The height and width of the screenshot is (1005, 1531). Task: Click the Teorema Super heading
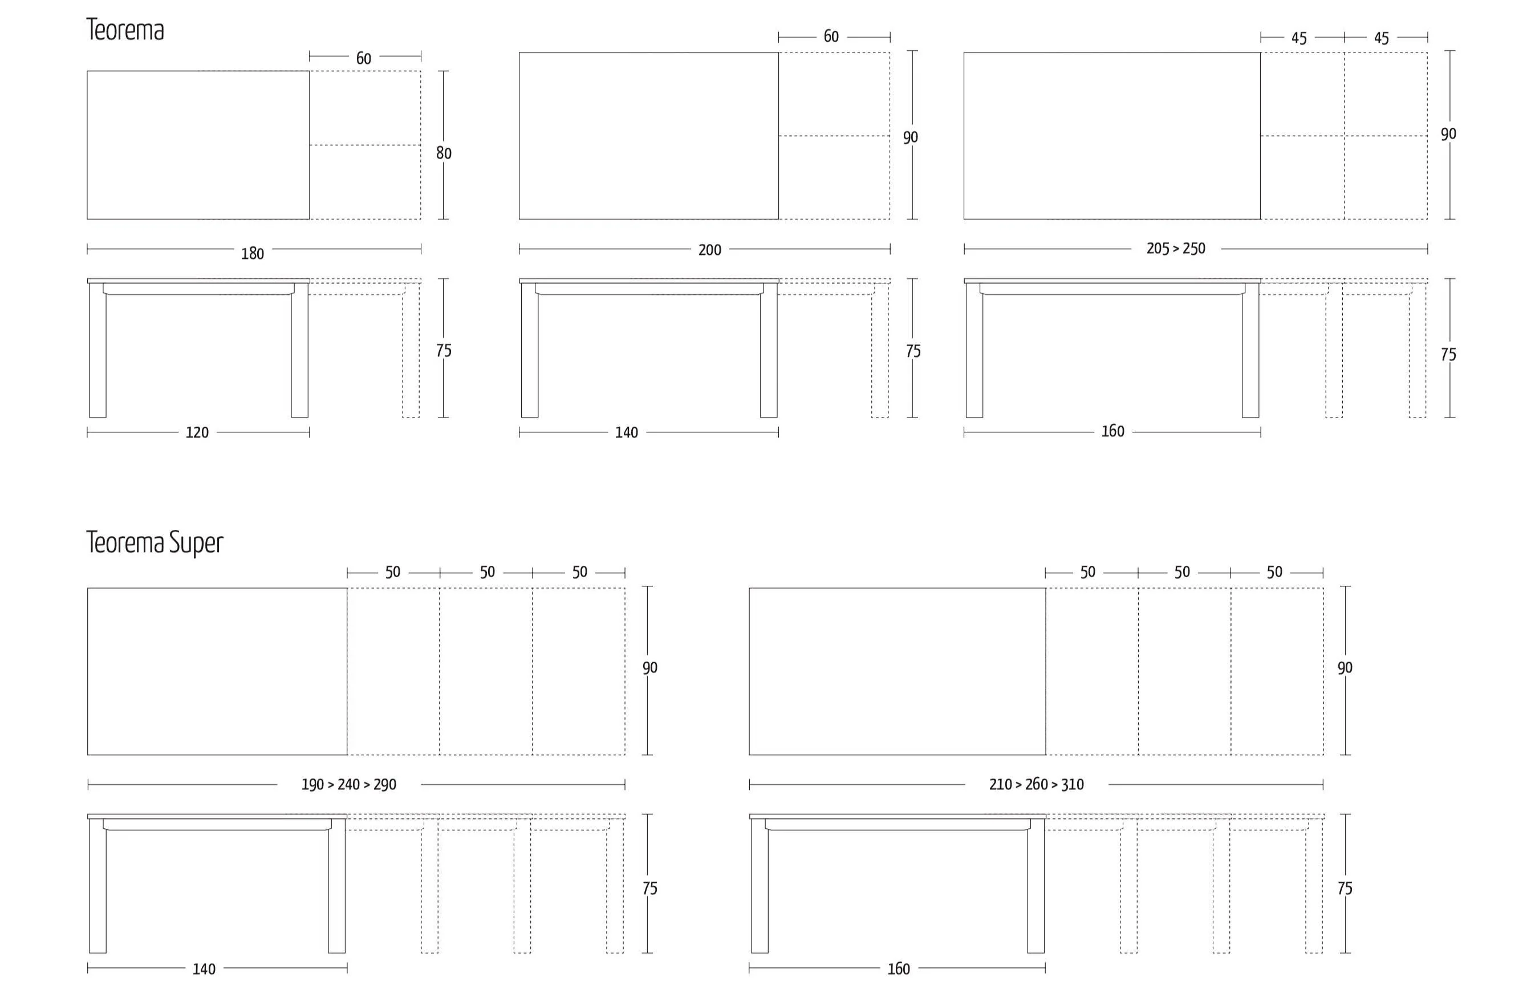tap(155, 542)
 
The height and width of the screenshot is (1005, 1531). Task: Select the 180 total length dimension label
tap(252, 253)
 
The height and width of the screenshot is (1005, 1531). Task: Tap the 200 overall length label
tap(709, 250)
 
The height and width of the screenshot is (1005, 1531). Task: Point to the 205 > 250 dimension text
tap(1175, 248)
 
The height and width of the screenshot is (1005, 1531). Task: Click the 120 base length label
tap(197, 432)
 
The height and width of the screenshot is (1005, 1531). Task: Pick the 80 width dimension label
tap(444, 153)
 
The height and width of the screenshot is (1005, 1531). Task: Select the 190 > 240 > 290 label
tap(348, 784)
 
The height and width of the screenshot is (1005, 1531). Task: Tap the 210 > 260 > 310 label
tap(1036, 784)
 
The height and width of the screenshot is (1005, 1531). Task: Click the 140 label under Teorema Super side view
tap(204, 969)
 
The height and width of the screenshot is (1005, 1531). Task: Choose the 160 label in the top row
tap(1112, 431)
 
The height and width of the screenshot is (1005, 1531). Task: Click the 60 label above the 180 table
tap(363, 59)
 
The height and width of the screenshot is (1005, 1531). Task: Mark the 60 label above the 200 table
tap(831, 37)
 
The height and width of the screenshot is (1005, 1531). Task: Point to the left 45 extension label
tap(1299, 39)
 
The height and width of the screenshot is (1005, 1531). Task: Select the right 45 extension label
tap(1381, 39)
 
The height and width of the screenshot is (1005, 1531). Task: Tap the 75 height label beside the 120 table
tap(444, 351)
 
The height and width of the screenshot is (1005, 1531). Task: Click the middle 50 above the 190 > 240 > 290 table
tap(487, 572)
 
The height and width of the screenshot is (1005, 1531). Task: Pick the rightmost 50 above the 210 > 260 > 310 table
tap(1274, 572)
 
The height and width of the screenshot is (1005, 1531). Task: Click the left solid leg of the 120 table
tap(98, 351)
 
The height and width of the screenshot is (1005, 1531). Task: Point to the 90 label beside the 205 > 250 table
tap(1448, 134)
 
